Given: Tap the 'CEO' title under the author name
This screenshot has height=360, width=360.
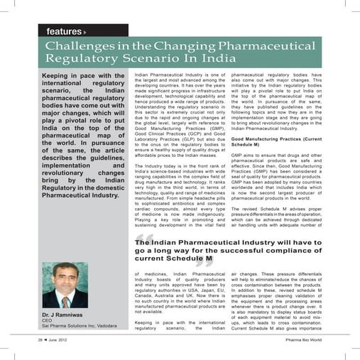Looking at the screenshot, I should [48, 320].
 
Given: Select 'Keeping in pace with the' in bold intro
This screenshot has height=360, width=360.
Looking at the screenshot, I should [84, 76].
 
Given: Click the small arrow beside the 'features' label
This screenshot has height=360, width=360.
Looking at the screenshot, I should [85, 33].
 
